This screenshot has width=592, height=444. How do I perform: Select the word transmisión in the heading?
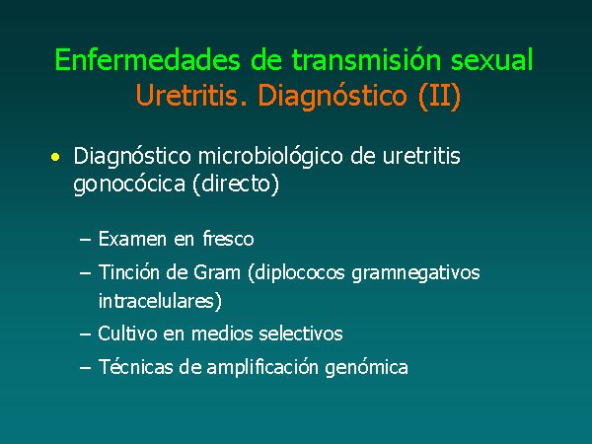coord(366,59)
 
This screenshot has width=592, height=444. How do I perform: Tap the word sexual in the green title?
coord(492,59)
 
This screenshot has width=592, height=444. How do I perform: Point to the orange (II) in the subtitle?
coord(439,96)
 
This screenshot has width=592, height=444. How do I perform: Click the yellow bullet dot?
coord(55,157)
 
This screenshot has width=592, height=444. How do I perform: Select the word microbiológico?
coord(270,157)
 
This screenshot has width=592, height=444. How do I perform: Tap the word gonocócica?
coord(129,185)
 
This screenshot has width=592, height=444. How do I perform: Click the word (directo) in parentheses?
coord(236,185)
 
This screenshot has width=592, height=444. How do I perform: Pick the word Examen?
coord(132,239)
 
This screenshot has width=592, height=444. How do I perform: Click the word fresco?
coord(229,239)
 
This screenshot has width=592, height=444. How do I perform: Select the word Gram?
coord(217,272)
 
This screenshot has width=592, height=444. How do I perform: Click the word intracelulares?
coord(160,301)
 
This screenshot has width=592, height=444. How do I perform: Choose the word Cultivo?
coord(127,333)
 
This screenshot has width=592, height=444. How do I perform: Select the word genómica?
coord(366,368)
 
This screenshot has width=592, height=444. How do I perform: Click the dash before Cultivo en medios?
coord(86,334)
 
